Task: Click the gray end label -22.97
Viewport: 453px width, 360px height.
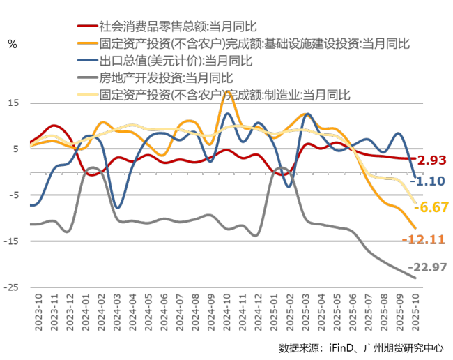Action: pyautogui.click(x=431, y=267)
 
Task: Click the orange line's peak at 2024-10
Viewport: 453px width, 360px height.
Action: pyautogui.click(x=227, y=93)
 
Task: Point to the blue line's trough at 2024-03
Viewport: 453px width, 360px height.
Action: pyautogui.click(x=118, y=207)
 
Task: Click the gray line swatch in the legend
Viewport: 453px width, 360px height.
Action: pyautogui.click(x=86, y=77)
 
